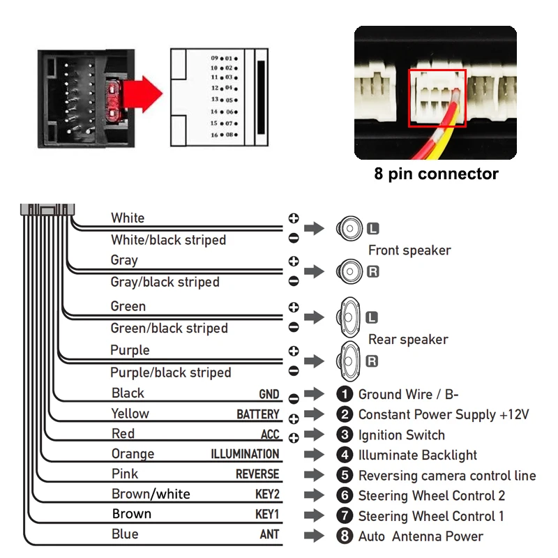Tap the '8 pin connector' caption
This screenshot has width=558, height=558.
coord(436,174)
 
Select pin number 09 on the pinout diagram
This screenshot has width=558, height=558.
coord(214,58)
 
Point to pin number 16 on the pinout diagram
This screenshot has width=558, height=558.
coord(214,135)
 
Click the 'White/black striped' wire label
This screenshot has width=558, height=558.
coord(168,240)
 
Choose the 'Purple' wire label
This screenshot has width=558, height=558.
coord(130,350)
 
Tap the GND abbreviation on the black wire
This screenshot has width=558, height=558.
coord(269,394)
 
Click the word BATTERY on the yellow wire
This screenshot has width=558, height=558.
coord(258,414)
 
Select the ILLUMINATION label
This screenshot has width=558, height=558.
coord(245,454)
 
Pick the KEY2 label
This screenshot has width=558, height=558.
coord(267,495)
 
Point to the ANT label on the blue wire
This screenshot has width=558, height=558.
coord(269,534)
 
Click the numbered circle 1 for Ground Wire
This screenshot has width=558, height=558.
coord(345,394)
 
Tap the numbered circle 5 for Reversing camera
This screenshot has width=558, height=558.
coord(345,475)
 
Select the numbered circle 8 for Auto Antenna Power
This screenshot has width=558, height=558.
coord(345,536)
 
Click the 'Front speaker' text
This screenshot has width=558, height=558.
coord(409,250)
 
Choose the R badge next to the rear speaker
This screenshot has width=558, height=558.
coord(372,361)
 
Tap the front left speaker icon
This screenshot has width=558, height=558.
coord(349,229)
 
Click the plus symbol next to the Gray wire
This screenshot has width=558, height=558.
coord(294,261)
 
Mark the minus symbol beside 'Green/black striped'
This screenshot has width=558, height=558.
coord(294,327)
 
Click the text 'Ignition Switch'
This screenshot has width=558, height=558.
coord(402,435)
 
